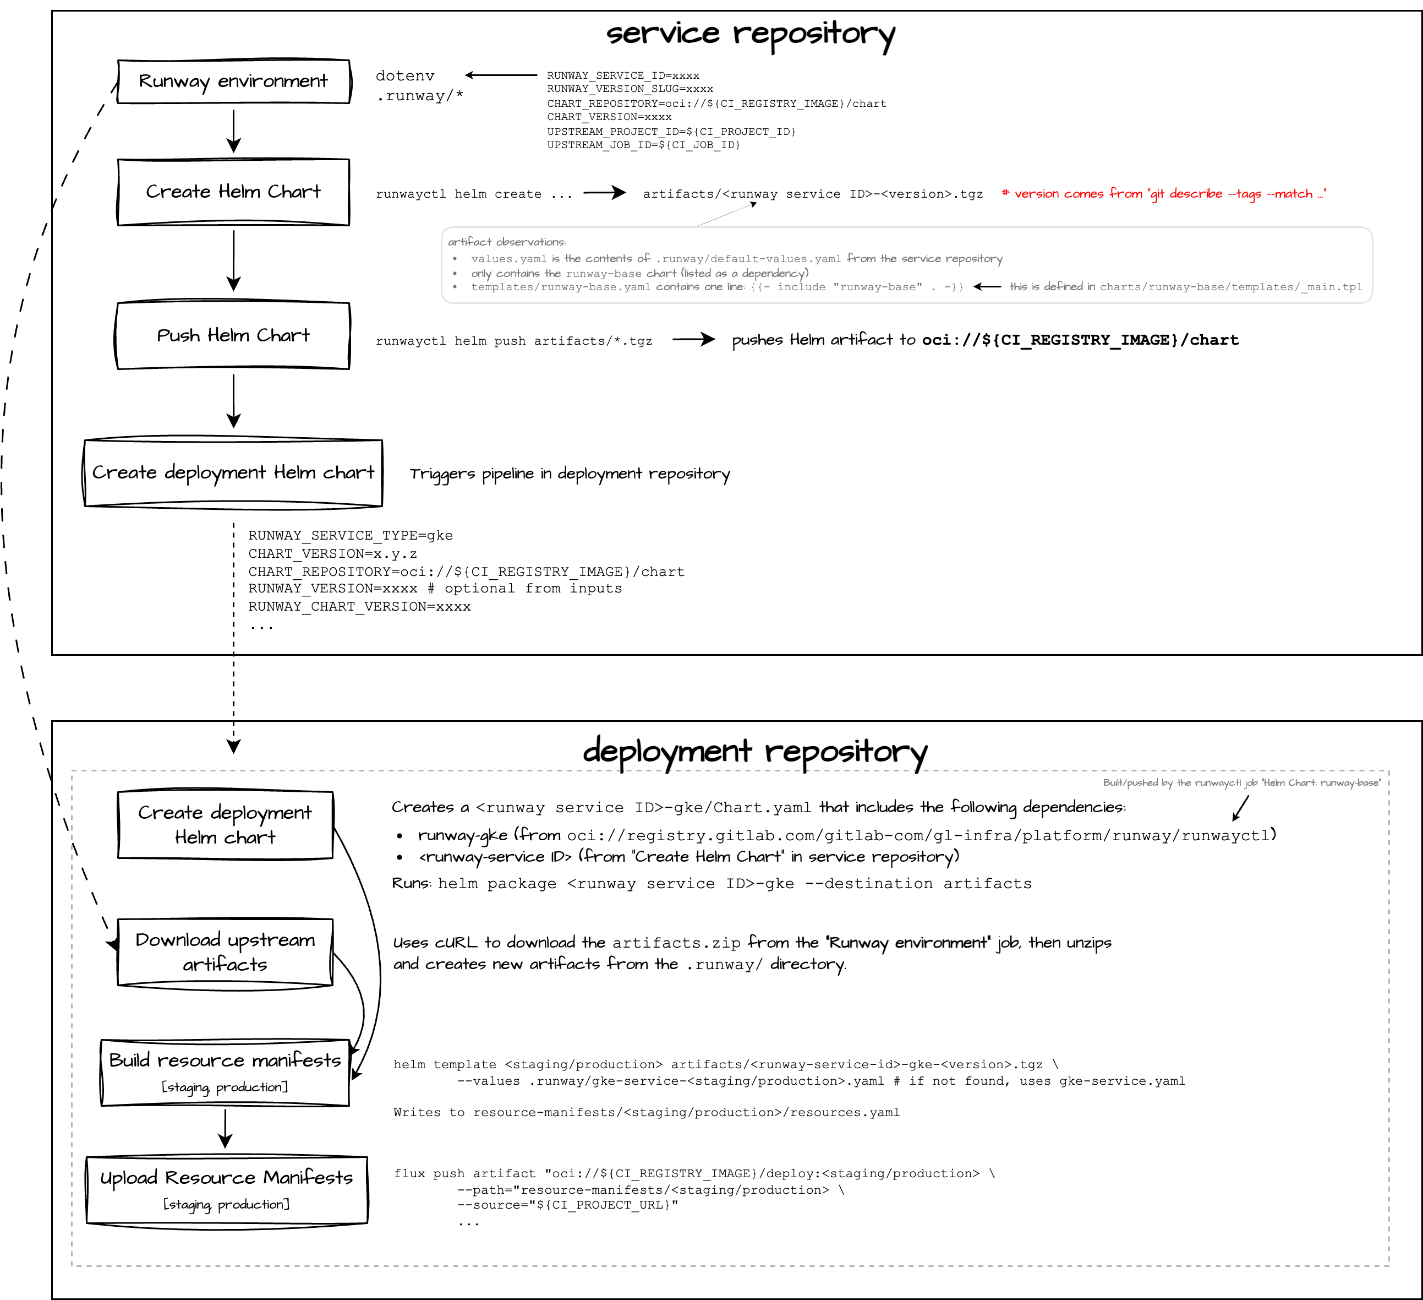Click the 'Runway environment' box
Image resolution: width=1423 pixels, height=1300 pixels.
click(234, 81)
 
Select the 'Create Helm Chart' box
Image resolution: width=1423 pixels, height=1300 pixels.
click(234, 192)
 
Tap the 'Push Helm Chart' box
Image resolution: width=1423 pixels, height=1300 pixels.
click(234, 335)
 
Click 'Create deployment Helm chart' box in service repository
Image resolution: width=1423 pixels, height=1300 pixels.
click(234, 472)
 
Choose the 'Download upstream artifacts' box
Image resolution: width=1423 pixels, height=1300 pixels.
click(225, 952)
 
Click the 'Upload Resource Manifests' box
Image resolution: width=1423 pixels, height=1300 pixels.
click(227, 1189)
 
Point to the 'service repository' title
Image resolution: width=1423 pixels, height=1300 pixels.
click(751, 33)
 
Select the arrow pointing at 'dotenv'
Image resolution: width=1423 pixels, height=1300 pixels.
click(501, 75)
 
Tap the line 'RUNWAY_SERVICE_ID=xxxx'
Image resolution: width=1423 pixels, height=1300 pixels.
click(623, 75)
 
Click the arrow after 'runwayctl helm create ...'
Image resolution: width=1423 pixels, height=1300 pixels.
click(605, 193)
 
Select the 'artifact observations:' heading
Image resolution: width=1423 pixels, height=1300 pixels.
click(507, 242)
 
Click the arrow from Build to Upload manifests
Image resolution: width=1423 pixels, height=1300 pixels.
click(225, 1128)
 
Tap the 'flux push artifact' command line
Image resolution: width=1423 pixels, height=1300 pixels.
click(694, 1173)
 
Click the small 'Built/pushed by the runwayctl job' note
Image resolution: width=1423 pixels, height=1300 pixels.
click(1241, 782)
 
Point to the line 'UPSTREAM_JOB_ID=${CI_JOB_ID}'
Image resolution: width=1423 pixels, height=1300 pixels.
click(643, 145)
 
